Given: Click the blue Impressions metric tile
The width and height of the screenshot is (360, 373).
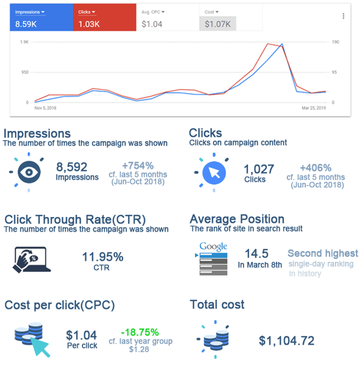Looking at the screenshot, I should click(x=41, y=18).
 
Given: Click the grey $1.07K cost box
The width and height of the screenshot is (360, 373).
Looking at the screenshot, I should click(x=218, y=23).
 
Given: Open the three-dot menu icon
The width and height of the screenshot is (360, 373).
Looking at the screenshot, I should click(x=343, y=16).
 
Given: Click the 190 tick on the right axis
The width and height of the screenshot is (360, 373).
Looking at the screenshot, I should click(x=336, y=43).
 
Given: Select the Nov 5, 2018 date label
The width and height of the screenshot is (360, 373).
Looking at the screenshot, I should click(x=45, y=108).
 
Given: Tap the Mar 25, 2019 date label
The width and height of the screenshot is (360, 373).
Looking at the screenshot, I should click(x=314, y=108).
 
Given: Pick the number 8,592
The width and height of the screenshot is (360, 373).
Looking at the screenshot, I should click(x=72, y=167).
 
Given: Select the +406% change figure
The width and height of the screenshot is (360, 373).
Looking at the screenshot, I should click(x=315, y=168).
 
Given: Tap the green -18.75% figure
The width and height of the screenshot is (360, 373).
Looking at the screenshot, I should click(x=140, y=332).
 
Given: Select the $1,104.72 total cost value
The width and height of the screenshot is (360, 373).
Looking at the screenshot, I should click(x=287, y=341).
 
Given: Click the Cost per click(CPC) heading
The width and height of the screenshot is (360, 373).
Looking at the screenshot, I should click(x=59, y=305).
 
